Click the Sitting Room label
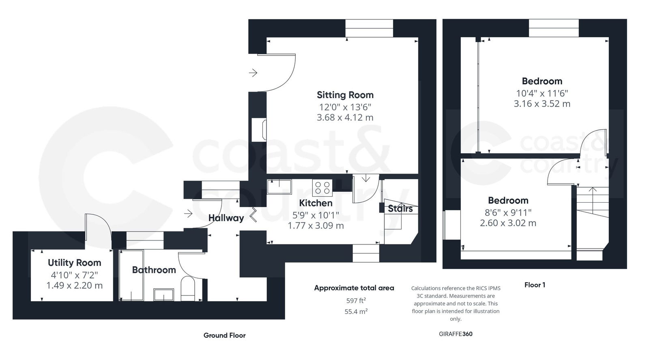tap(345, 95)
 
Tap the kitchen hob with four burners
tap(322, 188)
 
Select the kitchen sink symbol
tap(279, 187)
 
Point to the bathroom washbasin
tap(164, 294)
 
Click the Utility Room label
tap(74, 263)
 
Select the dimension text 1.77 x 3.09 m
tap(316, 226)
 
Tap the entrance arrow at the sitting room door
tap(253, 73)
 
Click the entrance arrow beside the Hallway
tap(188, 213)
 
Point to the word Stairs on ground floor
tap(400, 208)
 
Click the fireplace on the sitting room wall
tap(259, 130)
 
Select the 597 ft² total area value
tap(354, 300)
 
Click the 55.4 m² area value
tap(354, 311)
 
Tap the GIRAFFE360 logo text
tap(456, 334)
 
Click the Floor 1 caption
tap(535, 285)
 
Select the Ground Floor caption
tap(224, 335)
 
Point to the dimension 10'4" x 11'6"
tap(542, 93)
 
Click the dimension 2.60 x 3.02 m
tap(508, 223)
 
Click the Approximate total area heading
tap(354, 288)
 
